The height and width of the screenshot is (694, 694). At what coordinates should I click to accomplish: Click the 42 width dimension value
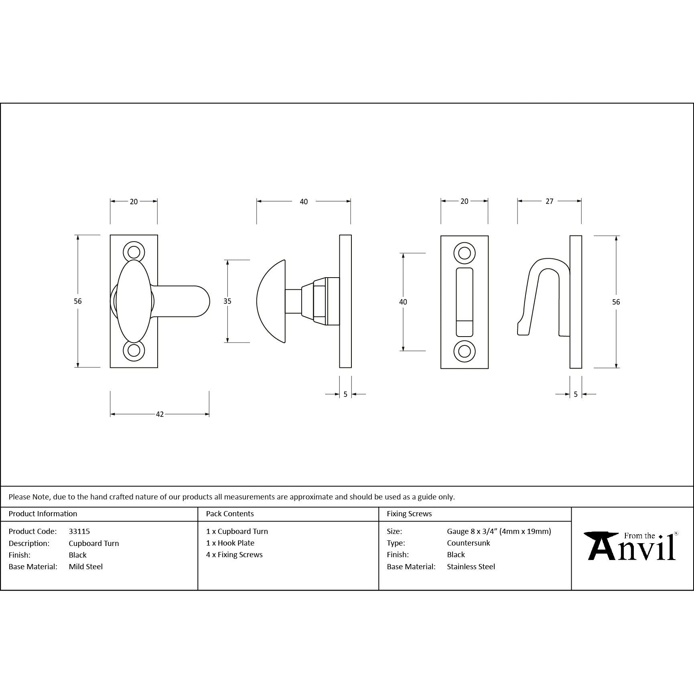(x=160, y=414)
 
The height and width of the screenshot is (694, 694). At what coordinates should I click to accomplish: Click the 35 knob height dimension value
(x=227, y=301)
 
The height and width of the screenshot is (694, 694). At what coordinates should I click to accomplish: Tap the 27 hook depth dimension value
(x=550, y=201)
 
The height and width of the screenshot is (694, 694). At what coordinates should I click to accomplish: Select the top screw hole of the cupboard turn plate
(x=134, y=252)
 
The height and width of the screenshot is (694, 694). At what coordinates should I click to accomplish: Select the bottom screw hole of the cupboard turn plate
(x=134, y=350)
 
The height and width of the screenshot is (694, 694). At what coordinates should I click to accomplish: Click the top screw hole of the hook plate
(x=465, y=253)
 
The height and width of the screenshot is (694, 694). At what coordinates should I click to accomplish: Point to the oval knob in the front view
(x=134, y=301)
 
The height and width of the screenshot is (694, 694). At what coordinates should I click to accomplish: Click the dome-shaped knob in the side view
(x=271, y=301)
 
